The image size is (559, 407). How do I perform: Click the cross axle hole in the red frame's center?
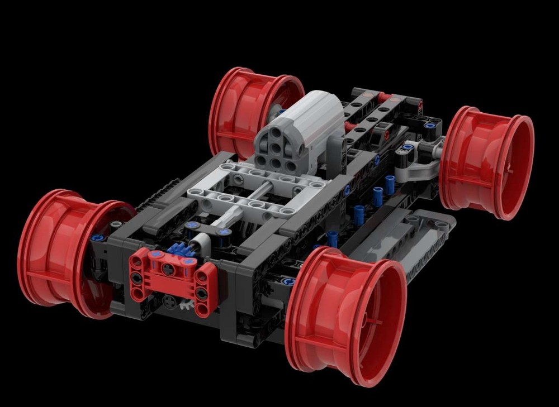click(x=168, y=270)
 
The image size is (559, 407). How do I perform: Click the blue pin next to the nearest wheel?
click(x=288, y=282)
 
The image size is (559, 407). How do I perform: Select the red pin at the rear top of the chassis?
click(x=383, y=97)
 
